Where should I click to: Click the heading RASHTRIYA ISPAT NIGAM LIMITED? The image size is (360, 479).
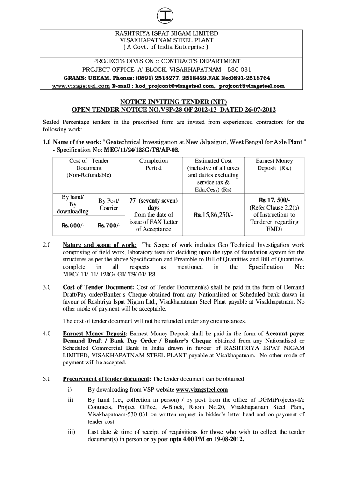[167, 34]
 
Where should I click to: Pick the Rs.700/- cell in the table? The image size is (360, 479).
[108, 225]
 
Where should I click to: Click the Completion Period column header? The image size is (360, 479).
[153, 164]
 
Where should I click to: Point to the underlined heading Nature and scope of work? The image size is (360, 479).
[100, 245]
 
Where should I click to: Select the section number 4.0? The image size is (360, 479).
[46, 334]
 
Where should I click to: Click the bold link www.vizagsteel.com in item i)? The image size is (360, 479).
[202, 389]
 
